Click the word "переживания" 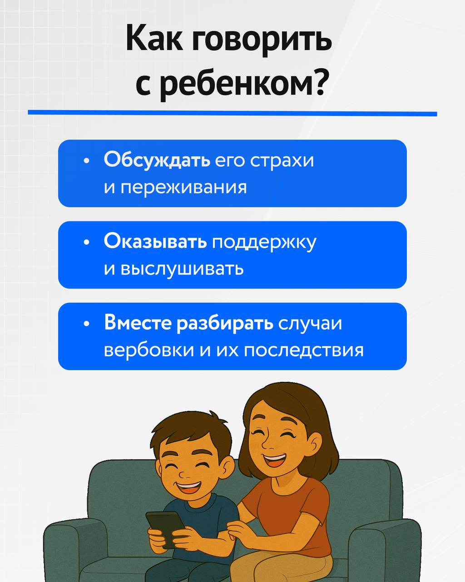coord(183,187)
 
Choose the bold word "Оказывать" coord(155,241)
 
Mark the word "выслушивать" coord(182,269)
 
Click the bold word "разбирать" coord(225,323)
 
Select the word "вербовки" coord(149,350)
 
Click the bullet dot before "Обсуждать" coord(86,161)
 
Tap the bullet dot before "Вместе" coord(86,324)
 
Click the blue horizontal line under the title coord(232,113)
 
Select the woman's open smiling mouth coord(274,460)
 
